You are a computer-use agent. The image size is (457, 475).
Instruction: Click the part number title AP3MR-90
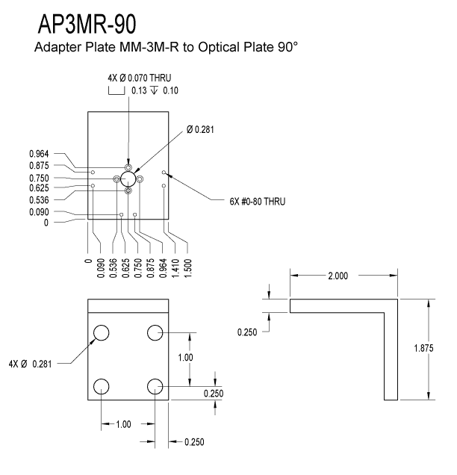pyautogui.click(x=87, y=24)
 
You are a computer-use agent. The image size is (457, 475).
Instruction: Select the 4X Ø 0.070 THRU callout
pyautogui.click(x=140, y=78)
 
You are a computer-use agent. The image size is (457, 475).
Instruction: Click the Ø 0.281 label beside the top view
pyautogui.click(x=200, y=130)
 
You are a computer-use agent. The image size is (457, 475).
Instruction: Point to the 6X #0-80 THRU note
pyautogui.click(x=258, y=202)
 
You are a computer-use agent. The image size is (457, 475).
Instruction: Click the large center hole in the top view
pyautogui.click(x=128, y=178)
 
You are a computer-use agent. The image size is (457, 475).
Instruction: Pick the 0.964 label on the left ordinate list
pyautogui.click(x=39, y=154)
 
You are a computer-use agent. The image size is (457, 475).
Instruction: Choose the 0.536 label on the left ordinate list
pyautogui.click(x=39, y=200)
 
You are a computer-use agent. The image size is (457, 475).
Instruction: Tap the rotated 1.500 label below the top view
pyautogui.click(x=187, y=268)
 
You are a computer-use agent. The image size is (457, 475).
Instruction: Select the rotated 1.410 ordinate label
pyautogui.click(x=175, y=268)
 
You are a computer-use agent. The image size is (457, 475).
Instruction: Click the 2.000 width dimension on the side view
pyautogui.click(x=338, y=276)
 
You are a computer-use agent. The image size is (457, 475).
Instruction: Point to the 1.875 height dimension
pyautogui.click(x=423, y=348)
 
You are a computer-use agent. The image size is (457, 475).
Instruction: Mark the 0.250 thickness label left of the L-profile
pyautogui.click(x=247, y=332)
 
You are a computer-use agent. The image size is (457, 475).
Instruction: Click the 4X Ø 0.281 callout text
pyautogui.click(x=31, y=364)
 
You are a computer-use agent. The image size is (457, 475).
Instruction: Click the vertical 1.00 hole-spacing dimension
pyautogui.click(x=185, y=358)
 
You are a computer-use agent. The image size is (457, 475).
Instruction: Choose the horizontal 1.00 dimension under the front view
pyautogui.click(x=123, y=424)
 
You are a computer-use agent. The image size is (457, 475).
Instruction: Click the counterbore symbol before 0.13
pyautogui.click(x=116, y=91)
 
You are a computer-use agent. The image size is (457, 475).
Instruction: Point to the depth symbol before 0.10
pyautogui.click(x=154, y=90)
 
